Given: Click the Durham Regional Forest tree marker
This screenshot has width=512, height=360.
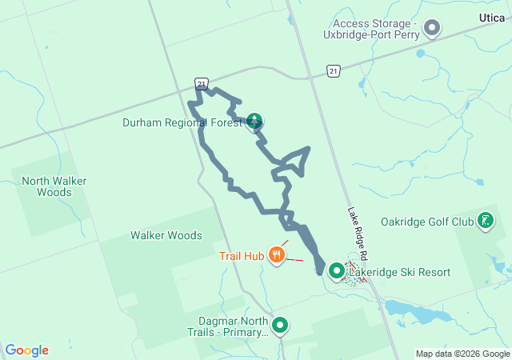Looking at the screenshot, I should click(x=254, y=122).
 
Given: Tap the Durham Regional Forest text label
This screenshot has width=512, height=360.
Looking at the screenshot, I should click(x=181, y=123).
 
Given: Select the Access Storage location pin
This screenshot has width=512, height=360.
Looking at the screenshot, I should click(x=432, y=30).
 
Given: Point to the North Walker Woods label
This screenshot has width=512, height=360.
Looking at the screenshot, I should click(x=54, y=186).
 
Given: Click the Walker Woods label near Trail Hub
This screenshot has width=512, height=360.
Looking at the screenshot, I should click(x=166, y=235).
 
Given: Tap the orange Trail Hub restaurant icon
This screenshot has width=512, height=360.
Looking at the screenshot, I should click(x=278, y=255).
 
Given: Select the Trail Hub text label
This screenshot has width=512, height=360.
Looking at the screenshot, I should click(x=242, y=257).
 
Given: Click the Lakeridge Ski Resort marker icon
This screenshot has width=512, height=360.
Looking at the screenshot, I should click(x=337, y=272).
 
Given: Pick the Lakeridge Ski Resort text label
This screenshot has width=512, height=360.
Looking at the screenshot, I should click(x=399, y=273).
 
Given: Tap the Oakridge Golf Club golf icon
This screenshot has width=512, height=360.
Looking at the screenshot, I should click(x=486, y=220).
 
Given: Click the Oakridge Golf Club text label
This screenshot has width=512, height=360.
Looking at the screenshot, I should click(x=427, y=222).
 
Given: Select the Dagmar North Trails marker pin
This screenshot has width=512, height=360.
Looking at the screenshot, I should click(x=280, y=325).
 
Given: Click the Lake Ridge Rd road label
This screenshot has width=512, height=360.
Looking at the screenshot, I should click(x=357, y=233).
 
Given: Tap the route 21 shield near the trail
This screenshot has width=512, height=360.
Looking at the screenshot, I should click(x=202, y=82).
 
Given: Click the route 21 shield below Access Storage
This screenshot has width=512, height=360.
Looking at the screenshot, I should click(x=333, y=71).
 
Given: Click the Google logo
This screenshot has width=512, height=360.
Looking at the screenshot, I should click(x=26, y=350).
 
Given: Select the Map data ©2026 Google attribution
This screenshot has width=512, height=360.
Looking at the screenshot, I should click(x=462, y=354).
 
